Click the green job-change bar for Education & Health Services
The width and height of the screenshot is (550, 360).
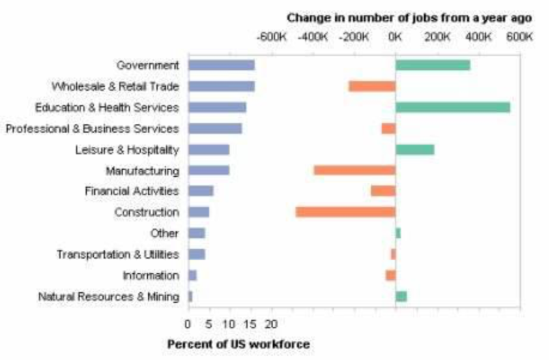pyautogui.click(x=452, y=107)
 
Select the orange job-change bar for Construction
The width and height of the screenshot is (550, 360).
pyautogui.click(x=345, y=212)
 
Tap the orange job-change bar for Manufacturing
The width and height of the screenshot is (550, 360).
pyautogui.click(x=355, y=170)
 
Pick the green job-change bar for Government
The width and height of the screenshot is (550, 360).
pyautogui.click(x=433, y=65)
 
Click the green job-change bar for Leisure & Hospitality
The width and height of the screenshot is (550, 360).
pyautogui.click(x=414, y=149)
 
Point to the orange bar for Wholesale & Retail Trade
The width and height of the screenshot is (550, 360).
pyautogui.click(x=372, y=86)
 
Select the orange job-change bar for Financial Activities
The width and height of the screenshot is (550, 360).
pyautogui.click(x=383, y=191)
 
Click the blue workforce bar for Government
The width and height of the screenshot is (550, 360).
pyautogui.click(x=221, y=65)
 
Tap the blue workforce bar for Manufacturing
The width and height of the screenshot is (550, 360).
pyautogui.click(x=209, y=170)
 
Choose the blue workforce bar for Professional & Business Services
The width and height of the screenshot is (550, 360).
pyautogui.click(x=215, y=128)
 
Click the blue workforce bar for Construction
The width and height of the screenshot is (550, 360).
pyautogui.click(x=199, y=212)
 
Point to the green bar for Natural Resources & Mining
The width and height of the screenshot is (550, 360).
pyautogui.click(x=401, y=296)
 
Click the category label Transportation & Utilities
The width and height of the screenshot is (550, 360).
pyautogui.click(x=118, y=254)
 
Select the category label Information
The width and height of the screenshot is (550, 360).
pyautogui.click(x=151, y=275)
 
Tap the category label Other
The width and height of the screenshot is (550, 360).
pyautogui.click(x=164, y=233)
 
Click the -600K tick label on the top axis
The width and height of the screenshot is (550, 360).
pyautogui.click(x=272, y=37)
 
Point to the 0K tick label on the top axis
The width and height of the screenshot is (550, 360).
pyautogui.click(x=395, y=37)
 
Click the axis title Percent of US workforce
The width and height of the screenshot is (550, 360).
pyautogui.click(x=239, y=344)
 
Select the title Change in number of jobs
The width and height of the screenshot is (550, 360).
pyautogui.click(x=410, y=18)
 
